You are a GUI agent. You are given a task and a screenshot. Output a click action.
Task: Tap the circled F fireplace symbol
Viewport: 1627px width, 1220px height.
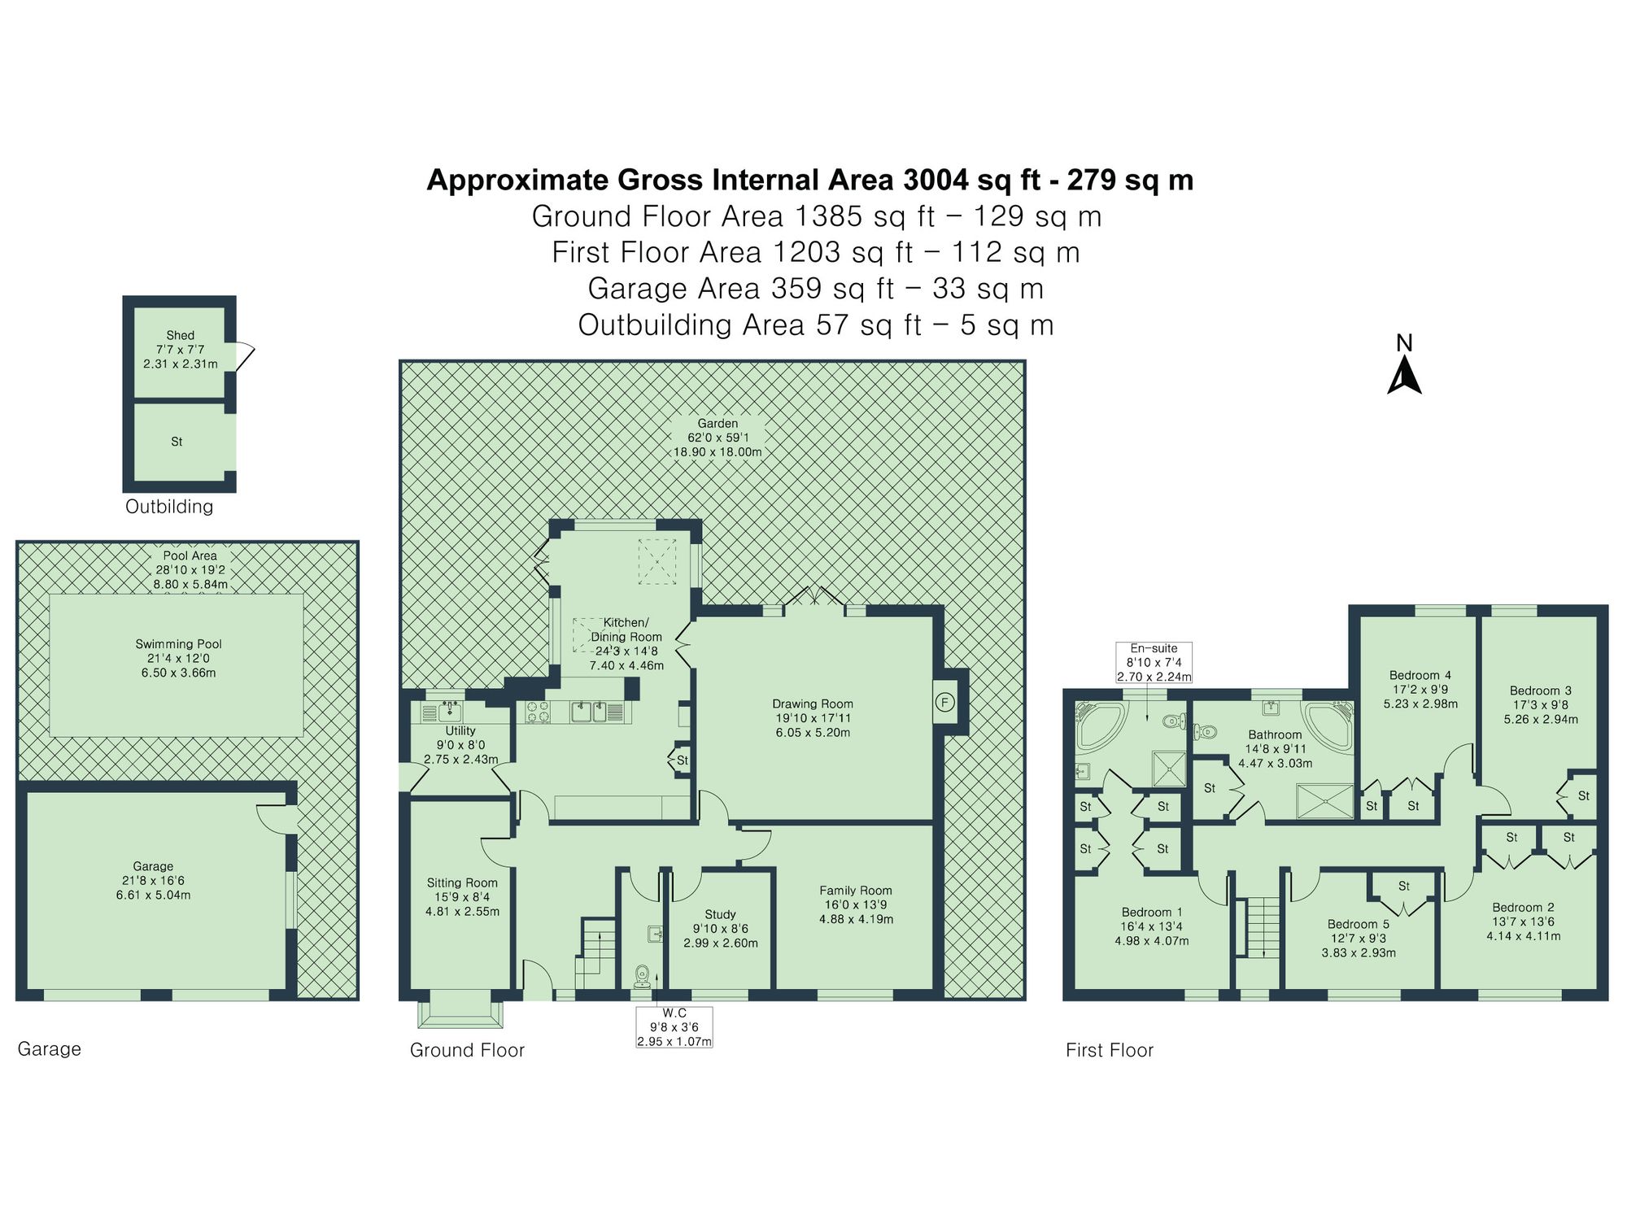point(944,702)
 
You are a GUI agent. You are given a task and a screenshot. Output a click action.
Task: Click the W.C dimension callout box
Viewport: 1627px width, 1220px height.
point(674,1026)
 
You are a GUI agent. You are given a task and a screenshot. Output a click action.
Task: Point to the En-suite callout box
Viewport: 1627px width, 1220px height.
point(1154,662)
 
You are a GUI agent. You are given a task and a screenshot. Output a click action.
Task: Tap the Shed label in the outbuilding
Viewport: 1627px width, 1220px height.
point(180,335)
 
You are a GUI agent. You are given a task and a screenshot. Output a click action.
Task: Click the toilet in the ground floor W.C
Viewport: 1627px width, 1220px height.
point(643,975)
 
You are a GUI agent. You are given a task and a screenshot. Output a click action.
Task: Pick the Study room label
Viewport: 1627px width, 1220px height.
point(720,914)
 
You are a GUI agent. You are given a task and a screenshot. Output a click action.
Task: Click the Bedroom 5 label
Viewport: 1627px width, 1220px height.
point(1358,924)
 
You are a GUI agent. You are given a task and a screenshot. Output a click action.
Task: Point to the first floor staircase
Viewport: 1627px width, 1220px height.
point(1263,927)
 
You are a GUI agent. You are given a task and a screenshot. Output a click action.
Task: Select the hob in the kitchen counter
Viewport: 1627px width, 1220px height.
point(537,712)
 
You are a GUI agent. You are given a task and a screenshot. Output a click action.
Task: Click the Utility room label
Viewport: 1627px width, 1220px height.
point(460,730)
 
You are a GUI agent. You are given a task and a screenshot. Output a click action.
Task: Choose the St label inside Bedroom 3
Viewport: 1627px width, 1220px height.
point(1583,795)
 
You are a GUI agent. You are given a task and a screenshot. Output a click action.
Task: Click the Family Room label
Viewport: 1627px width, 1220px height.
point(856,891)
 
